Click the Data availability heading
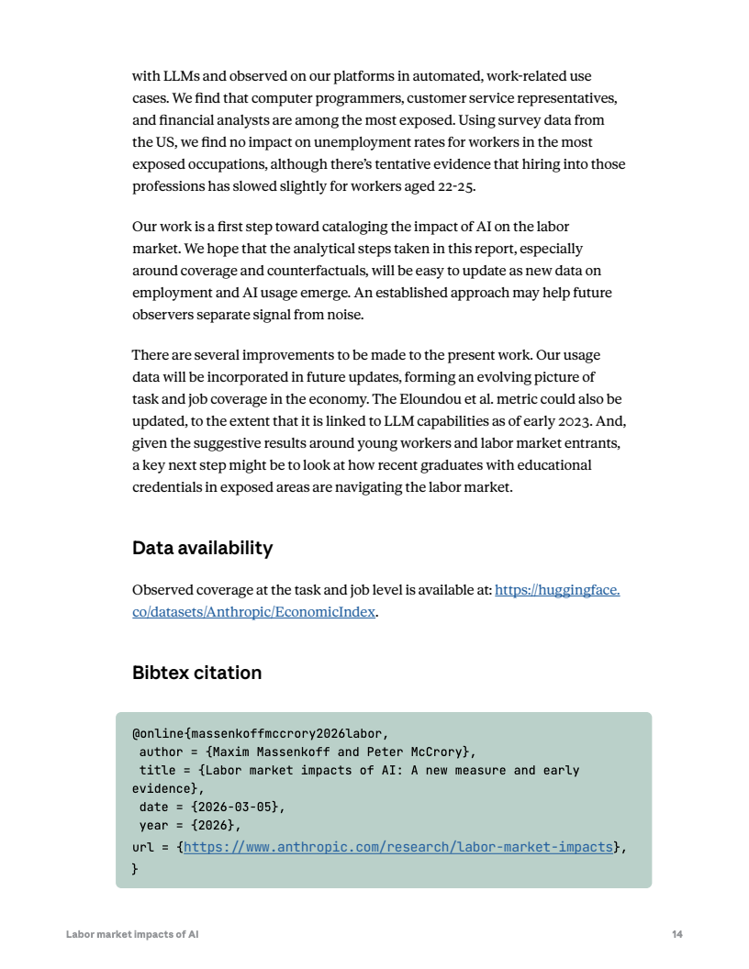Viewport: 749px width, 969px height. [202, 548]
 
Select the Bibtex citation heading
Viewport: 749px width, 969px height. [196, 673]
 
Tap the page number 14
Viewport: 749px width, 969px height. [676, 934]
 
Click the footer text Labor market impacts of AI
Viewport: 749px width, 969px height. [132, 934]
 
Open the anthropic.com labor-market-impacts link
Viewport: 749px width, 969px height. [397, 847]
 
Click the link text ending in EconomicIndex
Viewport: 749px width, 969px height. [253, 612]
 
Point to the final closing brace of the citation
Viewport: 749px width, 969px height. [135, 867]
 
